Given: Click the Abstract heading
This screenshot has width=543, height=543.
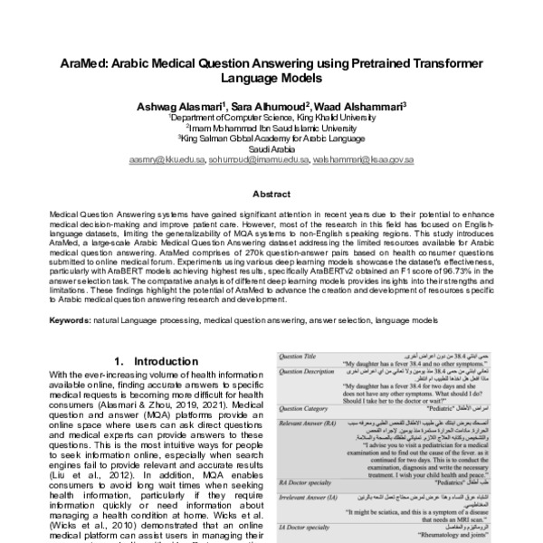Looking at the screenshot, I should (271, 194).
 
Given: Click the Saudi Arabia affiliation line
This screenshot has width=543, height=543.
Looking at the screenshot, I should (271, 149).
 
